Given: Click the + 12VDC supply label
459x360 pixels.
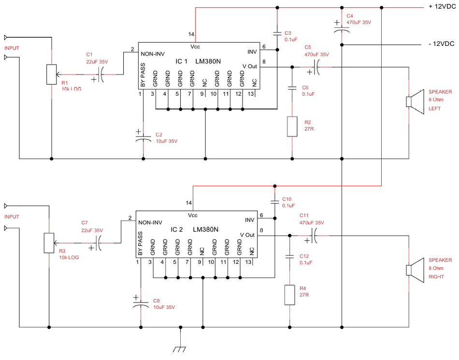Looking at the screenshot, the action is point(442,6).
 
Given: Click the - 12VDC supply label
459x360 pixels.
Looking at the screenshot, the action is point(442,44).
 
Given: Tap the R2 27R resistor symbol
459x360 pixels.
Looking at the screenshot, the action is point(292,127).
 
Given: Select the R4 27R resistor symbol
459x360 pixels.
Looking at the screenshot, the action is point(290,295).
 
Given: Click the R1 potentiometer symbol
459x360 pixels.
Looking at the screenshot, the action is point(52,74).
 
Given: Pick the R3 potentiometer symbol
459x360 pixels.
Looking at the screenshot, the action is point(49,243).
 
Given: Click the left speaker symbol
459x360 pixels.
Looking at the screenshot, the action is point(415,101).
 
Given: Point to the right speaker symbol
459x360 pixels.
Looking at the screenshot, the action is point(415,270).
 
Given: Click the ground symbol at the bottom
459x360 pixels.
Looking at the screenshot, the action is point(179,349).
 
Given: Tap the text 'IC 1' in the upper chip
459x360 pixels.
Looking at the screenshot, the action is point(182,61).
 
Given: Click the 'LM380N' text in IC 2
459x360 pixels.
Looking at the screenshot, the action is point(205,230).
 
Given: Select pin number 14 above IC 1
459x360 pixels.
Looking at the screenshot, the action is point(191,34).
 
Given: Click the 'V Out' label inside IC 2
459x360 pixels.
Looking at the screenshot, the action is point(247,235).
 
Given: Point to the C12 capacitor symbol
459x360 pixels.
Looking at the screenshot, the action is point(289,257).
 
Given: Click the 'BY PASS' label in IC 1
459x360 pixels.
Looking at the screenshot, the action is point(143,75).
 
